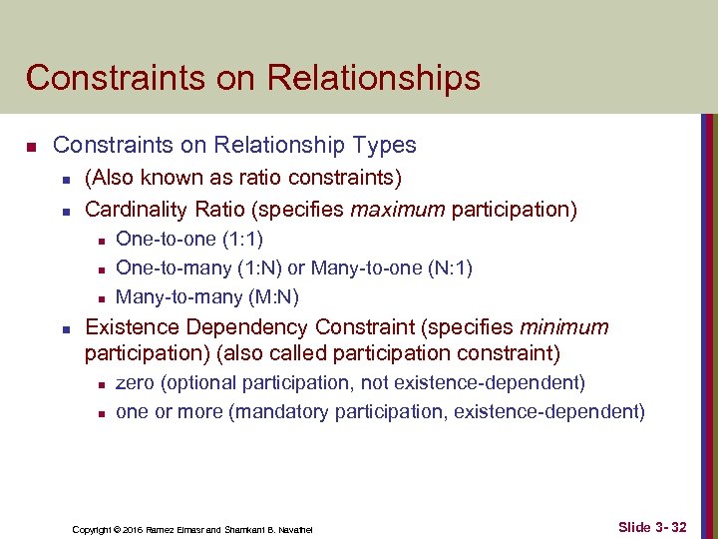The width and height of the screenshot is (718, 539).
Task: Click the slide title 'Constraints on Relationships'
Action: point(252,77)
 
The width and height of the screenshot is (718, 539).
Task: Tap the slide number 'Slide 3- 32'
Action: point(652,525)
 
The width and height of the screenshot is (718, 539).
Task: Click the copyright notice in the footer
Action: point(192,528)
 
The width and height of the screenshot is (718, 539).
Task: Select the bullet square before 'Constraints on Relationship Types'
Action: point(32,148)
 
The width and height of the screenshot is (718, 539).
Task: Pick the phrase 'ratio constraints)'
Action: point(328,180)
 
